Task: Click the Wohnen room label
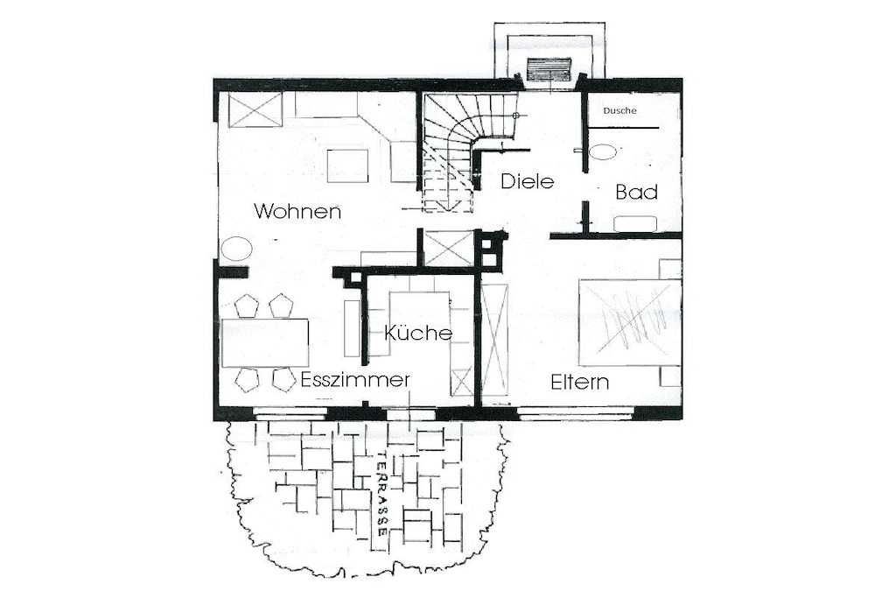[297, 211]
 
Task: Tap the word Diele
[528, 181]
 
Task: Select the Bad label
[637, 192]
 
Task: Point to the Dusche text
[620, 110]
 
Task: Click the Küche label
[418, 332]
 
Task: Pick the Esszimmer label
[355, 380]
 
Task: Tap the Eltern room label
[579, 382]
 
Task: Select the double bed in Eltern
[630, 322]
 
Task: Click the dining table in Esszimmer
[265, 343]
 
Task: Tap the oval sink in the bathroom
[603, 152]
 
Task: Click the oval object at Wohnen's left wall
[236, 250]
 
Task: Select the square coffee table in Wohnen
[347, 165]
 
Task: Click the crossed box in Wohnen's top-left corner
[255, 110]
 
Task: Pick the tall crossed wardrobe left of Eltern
[493, 339]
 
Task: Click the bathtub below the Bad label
[635, 223]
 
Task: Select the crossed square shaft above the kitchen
[449, 249]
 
